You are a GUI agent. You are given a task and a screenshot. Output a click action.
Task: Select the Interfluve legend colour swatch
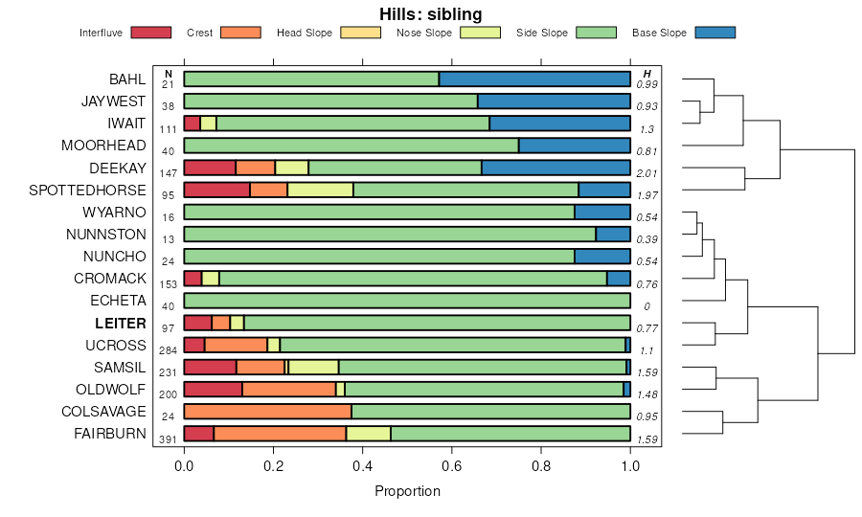(x=150, y=33)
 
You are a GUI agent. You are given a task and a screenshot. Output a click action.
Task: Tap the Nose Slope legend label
(x=423, y=33)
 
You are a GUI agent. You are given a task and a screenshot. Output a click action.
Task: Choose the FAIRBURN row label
(x=110, y=434)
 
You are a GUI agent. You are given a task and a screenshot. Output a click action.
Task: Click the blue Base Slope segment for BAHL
(x=534, y=79)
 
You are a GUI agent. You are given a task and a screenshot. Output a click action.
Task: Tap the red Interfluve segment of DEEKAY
(x=210, y=168)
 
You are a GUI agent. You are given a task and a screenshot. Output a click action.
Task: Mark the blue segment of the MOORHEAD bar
(x=575, y=146)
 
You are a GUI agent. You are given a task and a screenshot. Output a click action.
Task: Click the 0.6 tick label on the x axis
(x=452, y=466)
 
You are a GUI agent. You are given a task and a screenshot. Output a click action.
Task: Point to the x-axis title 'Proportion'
(x=407, y=491)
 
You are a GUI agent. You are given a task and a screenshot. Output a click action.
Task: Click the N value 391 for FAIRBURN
(x=169, y=439)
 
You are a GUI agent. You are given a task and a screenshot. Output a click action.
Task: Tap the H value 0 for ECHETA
(x=647, y=306)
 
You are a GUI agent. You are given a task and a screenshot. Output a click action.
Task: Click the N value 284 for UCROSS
(x=169, y=350)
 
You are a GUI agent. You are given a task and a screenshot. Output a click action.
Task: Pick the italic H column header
(x=647, y=74)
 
